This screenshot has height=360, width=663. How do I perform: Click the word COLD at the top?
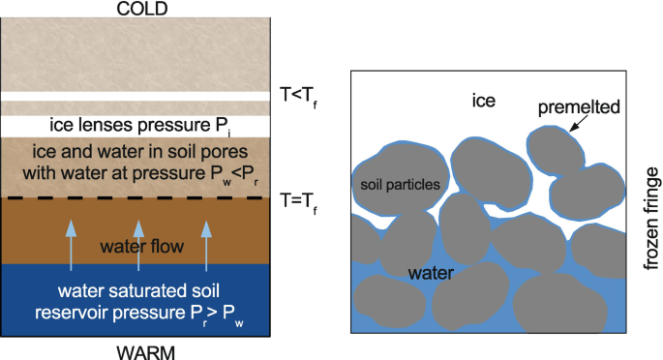coord(142,9)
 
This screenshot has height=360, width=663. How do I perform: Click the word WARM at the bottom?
coord(145,353)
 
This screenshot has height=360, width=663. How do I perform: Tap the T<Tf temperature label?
coord(298,97)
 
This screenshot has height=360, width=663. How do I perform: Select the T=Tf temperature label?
coord(298,203)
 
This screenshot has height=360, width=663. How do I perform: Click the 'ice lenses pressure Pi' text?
coord(140,126)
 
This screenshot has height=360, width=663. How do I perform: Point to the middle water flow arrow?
coord(138,246)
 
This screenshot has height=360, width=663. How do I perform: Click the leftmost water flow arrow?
coord(71,246)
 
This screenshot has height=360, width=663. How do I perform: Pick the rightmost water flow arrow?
coord(206,246)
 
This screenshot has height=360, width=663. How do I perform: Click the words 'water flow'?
coord(142,247)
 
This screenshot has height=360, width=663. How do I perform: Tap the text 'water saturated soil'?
coord(138,291)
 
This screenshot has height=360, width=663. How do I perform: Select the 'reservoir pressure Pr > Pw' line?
coord(139,315)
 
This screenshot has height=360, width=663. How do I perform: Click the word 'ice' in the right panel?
coord(484,101)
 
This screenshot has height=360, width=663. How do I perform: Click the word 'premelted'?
coord(579,107)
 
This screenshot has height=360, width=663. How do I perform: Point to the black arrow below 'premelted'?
coord(579,123)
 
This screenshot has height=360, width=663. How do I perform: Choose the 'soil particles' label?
coord(400,185)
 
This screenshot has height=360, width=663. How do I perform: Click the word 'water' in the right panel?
coord(431,273)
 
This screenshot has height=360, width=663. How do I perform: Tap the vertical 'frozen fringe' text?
coord(651,219)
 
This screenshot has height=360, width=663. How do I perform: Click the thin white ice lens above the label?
coord(136,97)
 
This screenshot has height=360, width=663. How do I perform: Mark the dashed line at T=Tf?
coord(136,197)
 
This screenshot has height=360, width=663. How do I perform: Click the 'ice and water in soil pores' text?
coord(140,152)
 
